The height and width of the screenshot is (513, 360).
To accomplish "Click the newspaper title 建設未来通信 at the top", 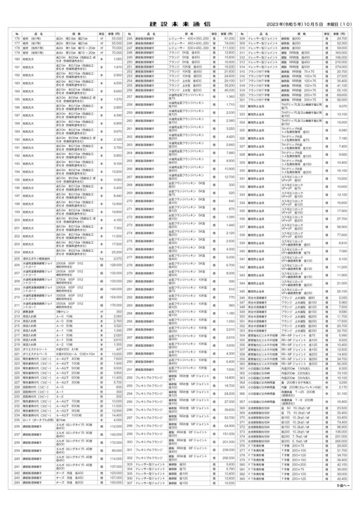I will [x=180, y=24].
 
